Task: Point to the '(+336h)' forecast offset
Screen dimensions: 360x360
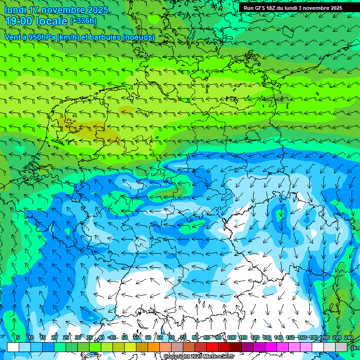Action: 83,21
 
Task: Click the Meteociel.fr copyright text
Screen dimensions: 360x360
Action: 199,357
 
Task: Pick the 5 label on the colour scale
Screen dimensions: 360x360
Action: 18,337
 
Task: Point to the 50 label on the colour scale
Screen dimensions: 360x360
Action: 125,337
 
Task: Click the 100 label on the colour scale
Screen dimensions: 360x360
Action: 231,337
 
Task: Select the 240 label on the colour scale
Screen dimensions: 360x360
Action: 349,337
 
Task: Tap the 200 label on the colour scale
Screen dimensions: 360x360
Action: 325,337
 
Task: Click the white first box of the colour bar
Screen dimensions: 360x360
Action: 13,347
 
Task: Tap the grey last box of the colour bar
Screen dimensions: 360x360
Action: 341,347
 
